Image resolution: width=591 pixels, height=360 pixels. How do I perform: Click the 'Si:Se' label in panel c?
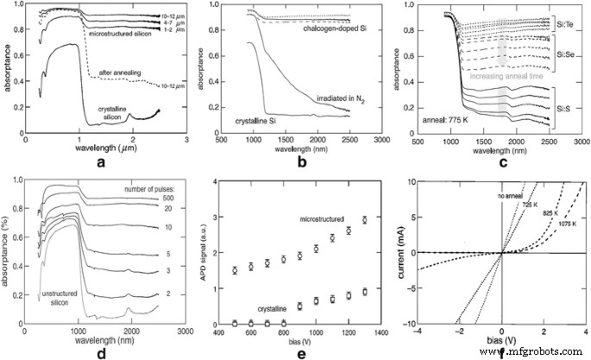tap(563, 55)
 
